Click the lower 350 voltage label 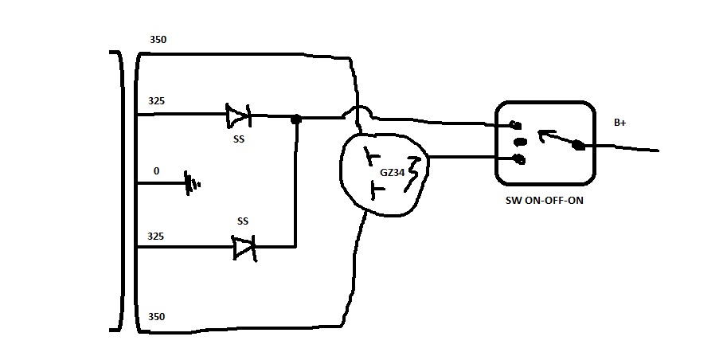point(156,317)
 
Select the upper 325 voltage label point(156,101)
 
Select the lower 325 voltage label point(156,236)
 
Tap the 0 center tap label point(155,171)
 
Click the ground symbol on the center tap point(191,182)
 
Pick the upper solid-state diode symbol point(237,115)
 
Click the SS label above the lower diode point(243,220)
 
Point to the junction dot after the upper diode point(296,119)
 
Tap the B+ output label point(620,123)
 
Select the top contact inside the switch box point(516,124)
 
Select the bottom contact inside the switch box point(519,159)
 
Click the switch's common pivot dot point(577,145)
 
